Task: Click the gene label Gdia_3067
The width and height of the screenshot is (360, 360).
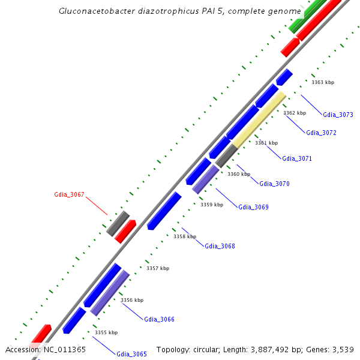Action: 69,194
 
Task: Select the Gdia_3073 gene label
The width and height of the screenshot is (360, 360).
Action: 338,115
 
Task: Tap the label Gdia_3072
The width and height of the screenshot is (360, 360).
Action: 321,133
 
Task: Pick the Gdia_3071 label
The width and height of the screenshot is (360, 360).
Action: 297,158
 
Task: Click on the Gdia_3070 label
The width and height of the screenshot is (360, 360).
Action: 274,184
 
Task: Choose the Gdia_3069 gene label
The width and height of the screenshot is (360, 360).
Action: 253,207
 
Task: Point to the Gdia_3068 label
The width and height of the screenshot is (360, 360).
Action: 220,246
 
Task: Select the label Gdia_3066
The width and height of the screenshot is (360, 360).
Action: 159,319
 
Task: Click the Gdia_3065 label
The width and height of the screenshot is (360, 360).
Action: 131,354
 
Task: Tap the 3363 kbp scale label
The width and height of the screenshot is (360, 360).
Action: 323,82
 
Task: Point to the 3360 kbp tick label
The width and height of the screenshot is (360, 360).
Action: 238,174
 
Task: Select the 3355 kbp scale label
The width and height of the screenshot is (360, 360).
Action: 106,332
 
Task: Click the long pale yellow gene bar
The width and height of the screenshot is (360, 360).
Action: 259,120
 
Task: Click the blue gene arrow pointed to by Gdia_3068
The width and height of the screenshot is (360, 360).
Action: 164,211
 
